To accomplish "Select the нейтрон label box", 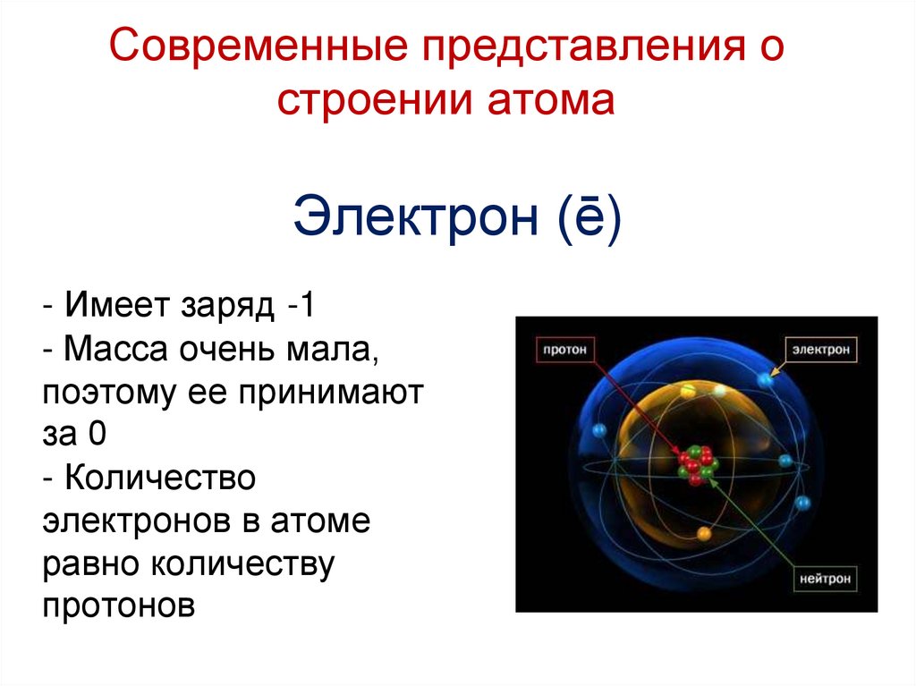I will pyautogui.click(x=825, y=578).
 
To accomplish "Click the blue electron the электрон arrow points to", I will pyautogui.click(x=766, y=380).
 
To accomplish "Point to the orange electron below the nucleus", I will pyautogui.click(x=704, y=533).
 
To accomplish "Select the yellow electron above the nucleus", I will pyautogui.click(x=688, y=391).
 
